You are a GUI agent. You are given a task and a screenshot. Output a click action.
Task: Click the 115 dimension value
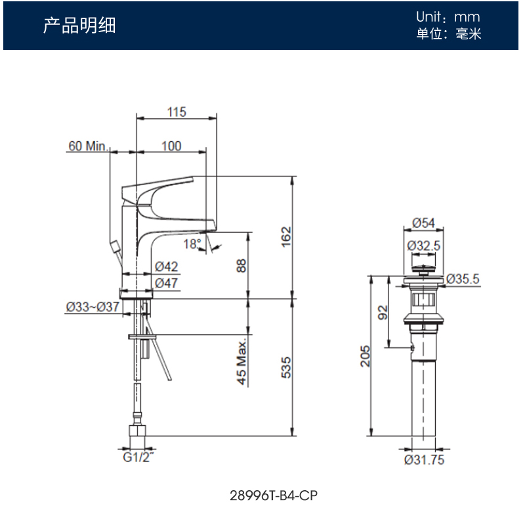(x=176, y=112)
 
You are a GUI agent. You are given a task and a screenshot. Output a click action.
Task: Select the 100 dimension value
(x=171, y=146)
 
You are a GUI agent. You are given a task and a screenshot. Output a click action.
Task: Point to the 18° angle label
(x=192, y=244)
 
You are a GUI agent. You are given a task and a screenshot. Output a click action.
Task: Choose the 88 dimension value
(x=241, y=265)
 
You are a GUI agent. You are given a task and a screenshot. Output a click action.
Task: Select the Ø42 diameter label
(x=167, y=266)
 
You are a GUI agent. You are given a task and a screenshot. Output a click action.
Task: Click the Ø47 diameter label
(x=167, y=283)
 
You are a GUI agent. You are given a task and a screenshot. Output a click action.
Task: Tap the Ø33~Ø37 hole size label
(x=92, y=306)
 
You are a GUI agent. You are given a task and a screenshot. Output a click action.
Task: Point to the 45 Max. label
(x=241, y=362)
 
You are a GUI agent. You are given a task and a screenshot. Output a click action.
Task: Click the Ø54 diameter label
(x=424, y=223)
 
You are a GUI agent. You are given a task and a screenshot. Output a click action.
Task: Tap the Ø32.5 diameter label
(x=424, y=245)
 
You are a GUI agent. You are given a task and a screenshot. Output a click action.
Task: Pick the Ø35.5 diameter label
(x=463, y=279)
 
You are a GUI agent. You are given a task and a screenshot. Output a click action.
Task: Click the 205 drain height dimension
(x=365, y=356)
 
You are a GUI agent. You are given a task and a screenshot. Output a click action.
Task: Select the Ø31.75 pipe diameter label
(x=424, y=459)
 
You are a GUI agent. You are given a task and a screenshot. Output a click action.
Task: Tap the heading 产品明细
(x=79, y=26)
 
